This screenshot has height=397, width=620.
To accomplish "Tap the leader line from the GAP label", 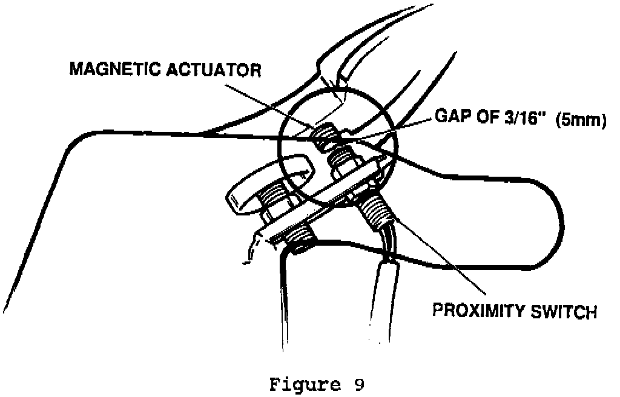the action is pos(394,130).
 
